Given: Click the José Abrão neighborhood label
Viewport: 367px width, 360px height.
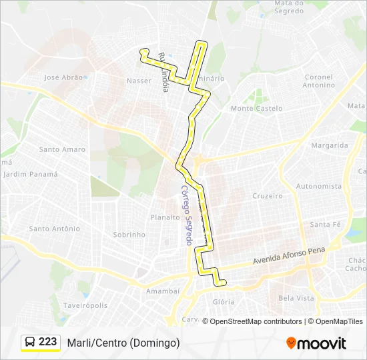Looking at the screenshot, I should [63, 77].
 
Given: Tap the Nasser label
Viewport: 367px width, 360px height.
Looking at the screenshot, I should [139, 81].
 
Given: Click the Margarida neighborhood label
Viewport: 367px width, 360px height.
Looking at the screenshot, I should [330, 145].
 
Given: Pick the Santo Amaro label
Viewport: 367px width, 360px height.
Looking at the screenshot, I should [62, 149].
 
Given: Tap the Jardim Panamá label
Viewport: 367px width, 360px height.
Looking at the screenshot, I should [31, 174].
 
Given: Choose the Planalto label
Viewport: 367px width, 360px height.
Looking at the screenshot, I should [165, 217].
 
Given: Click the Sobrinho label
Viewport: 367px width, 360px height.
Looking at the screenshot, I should [129, 235].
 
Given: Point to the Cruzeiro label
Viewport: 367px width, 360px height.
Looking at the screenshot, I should [268, 196].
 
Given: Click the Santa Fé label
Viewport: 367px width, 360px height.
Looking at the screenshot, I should [325, 225].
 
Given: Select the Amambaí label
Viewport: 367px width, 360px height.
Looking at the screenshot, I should [163, 291].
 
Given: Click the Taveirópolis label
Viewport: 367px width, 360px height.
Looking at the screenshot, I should [85, 305].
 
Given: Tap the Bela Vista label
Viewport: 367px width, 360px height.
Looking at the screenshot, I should [296, 298].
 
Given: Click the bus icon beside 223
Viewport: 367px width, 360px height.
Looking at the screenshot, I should [30, 343].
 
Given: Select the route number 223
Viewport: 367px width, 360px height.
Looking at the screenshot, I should [48, 342].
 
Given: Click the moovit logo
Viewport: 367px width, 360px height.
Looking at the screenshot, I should [316, 343].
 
